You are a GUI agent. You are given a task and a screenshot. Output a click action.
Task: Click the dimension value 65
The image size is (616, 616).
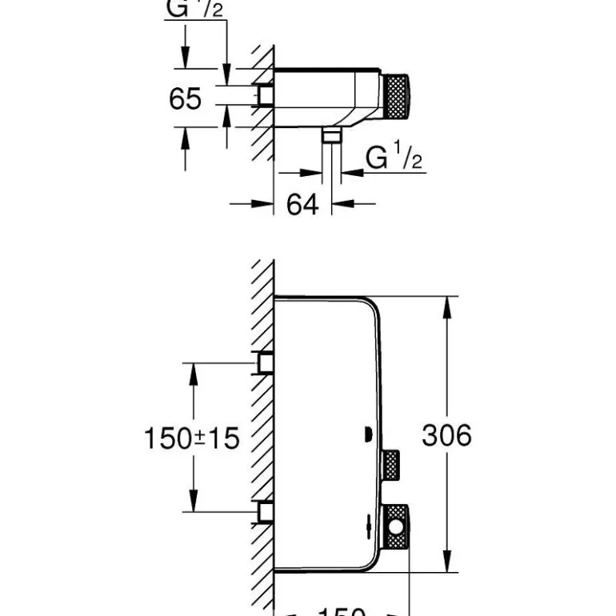point(186,99)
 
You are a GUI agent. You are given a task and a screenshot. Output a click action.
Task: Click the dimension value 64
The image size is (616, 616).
point(302,205)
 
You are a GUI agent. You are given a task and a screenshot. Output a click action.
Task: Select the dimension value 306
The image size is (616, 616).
point(446,435)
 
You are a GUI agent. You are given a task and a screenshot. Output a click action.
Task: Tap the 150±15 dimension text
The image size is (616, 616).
point(192,438)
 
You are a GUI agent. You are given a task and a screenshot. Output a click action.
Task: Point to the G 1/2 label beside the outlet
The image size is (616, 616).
point(394,158)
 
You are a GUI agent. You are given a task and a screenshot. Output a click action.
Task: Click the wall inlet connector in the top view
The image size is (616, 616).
point(266,97)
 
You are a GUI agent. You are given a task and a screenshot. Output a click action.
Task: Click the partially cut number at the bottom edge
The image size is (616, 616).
point(342,611)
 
